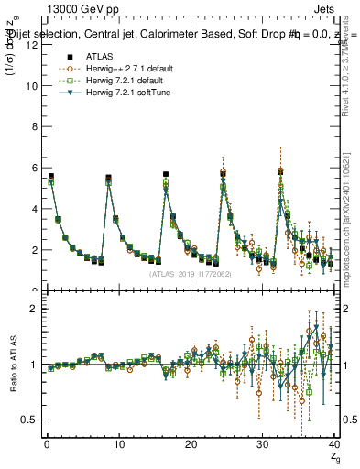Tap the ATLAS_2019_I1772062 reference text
(x=190, y=273)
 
